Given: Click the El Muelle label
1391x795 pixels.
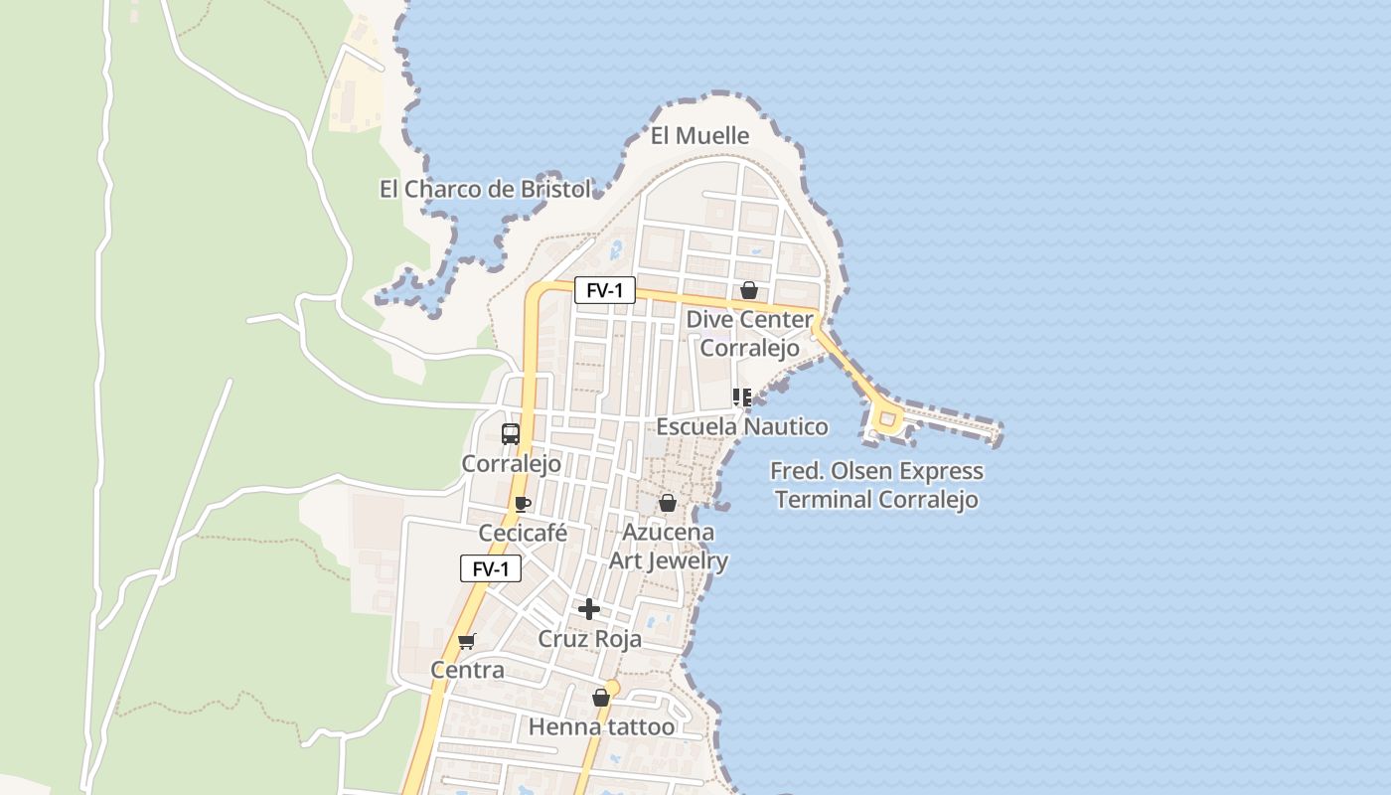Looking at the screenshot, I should click(699, 135).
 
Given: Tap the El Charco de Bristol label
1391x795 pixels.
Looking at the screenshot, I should click(485, 189).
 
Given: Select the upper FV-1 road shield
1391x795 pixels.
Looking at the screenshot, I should click(604, 290).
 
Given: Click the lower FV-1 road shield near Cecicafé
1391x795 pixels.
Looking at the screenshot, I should click(491, 568).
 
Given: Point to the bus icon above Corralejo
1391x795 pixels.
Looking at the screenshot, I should click(511, 434).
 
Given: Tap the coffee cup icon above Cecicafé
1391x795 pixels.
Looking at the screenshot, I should click(523, 504).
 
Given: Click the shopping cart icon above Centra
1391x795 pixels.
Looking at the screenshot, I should click(467, 641).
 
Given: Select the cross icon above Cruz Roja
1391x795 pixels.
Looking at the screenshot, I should click(589, 609).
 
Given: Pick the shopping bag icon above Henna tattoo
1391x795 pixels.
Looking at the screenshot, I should click(600, 698).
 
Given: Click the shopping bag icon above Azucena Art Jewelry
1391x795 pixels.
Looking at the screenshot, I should click(668, 503).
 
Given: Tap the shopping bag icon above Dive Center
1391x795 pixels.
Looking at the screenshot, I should click(749, 290).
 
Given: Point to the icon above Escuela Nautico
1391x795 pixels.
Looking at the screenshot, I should click(741, 397).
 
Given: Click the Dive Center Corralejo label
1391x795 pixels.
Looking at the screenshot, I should click(750, 334).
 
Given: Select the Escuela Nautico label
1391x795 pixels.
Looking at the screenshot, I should click(742, 427).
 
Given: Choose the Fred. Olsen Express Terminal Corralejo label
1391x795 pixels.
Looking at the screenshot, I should click(877, 485).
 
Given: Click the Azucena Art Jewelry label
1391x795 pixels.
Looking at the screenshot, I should click(668, 547).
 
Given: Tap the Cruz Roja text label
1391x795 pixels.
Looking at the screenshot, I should click(589, 639).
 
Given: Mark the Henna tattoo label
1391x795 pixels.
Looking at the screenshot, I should click(601, 727).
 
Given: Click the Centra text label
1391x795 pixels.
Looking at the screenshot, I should click(467, 670).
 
